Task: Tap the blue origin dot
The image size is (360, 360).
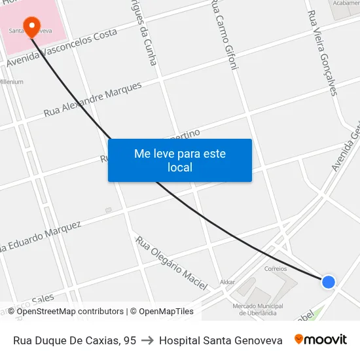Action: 329,282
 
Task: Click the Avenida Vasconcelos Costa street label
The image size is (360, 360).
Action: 62,48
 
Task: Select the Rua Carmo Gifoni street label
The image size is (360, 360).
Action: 223,35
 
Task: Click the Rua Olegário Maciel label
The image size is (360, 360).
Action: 171,263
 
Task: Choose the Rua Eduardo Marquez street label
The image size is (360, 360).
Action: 41,237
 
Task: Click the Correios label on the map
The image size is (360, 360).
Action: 276,268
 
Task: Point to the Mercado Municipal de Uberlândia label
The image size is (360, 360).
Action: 258,309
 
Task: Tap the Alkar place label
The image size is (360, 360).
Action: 227,282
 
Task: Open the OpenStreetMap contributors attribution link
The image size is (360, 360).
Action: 70,312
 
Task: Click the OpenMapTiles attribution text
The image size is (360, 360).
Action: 162,312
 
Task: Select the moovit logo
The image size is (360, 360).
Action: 320,340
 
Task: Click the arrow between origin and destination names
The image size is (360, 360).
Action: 147,340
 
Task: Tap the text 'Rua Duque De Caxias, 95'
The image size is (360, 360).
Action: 75,340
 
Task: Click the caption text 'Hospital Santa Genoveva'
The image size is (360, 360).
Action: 221,340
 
